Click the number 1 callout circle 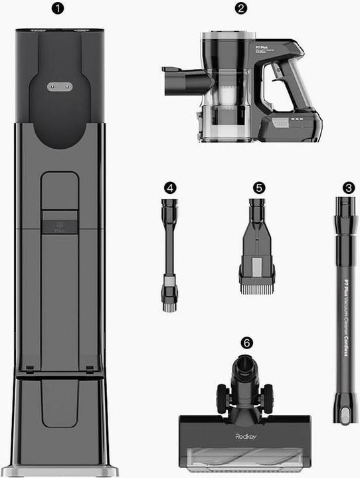coord(58,9)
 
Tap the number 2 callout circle coord(241,9)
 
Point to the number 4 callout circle coord(171,188)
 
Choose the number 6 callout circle coord(246,343)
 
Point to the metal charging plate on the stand coord(58,86)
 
